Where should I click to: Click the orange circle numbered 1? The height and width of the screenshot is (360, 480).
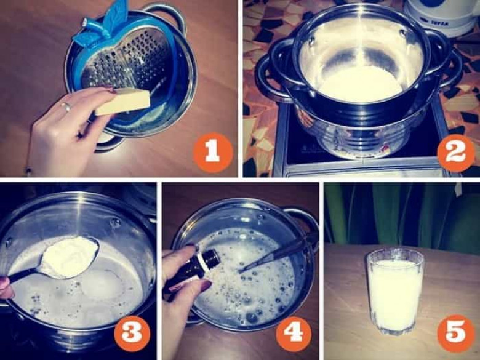212,153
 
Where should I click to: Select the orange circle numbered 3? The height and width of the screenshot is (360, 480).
132,334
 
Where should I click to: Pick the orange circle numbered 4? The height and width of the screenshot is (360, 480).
294,334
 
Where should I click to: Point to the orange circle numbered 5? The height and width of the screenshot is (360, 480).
456,334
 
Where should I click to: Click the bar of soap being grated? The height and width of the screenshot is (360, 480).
122,102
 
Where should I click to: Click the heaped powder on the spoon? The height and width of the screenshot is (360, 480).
70,257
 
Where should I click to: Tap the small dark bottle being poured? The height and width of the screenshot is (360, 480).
193,270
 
